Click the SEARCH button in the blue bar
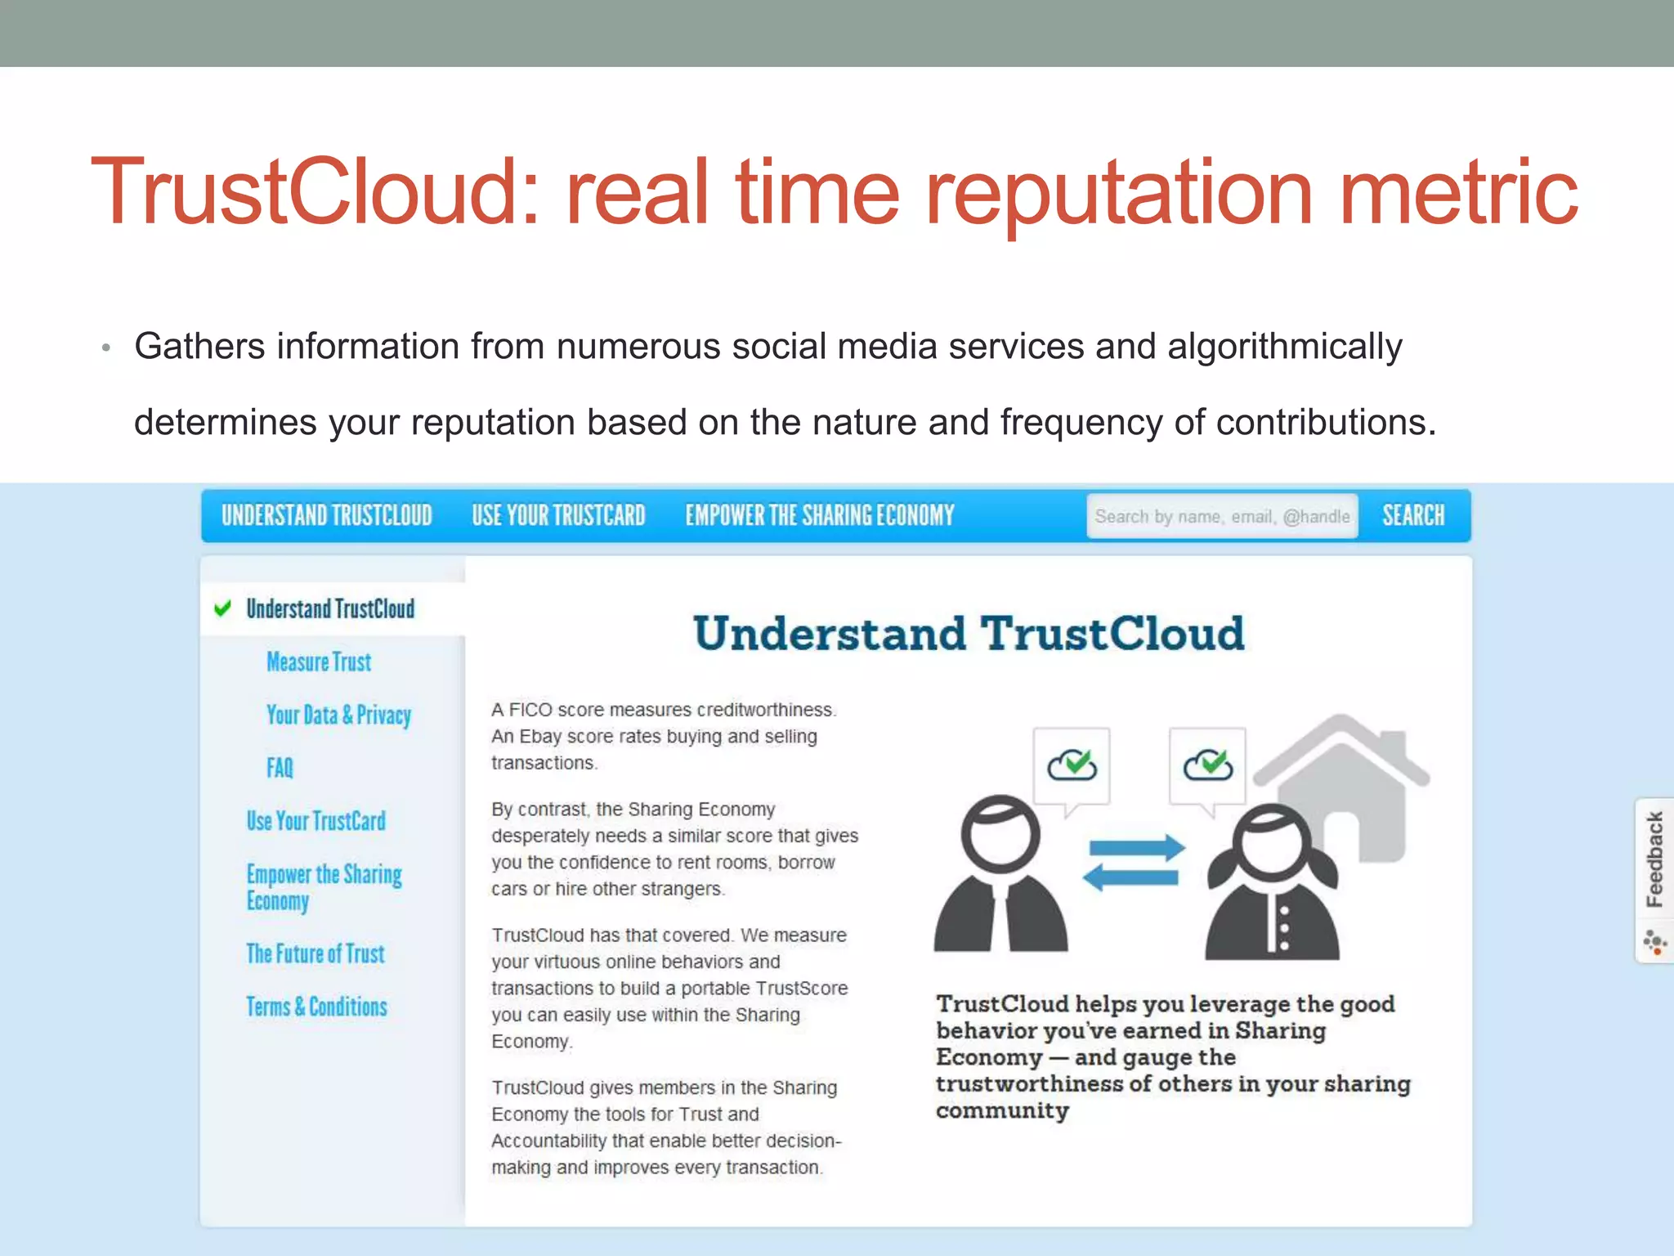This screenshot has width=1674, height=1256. click(1413, 515)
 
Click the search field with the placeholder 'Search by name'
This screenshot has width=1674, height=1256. click(1221, 516)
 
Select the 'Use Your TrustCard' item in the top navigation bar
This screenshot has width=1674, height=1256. click(558, 515)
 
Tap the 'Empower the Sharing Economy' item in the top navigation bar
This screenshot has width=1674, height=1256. click(819, 515)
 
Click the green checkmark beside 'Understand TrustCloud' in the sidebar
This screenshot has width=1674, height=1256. click(222, 608)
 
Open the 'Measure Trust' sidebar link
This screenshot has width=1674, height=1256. click(319, 662)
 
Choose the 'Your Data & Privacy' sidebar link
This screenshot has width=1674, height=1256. click(338, 715)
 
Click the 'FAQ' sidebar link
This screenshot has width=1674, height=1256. click(280, 768)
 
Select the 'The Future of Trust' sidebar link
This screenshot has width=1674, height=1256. click(316, 953)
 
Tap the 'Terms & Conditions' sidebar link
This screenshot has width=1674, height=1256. click(317, 1007)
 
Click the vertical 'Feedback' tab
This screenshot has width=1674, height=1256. click(1654, 859)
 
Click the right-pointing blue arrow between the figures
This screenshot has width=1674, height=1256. click(1137, 848)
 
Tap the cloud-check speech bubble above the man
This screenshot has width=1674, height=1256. click(1072, 765)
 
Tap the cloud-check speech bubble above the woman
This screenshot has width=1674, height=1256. click(1207, 765)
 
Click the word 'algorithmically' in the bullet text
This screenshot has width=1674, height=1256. click(1284, 346)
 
